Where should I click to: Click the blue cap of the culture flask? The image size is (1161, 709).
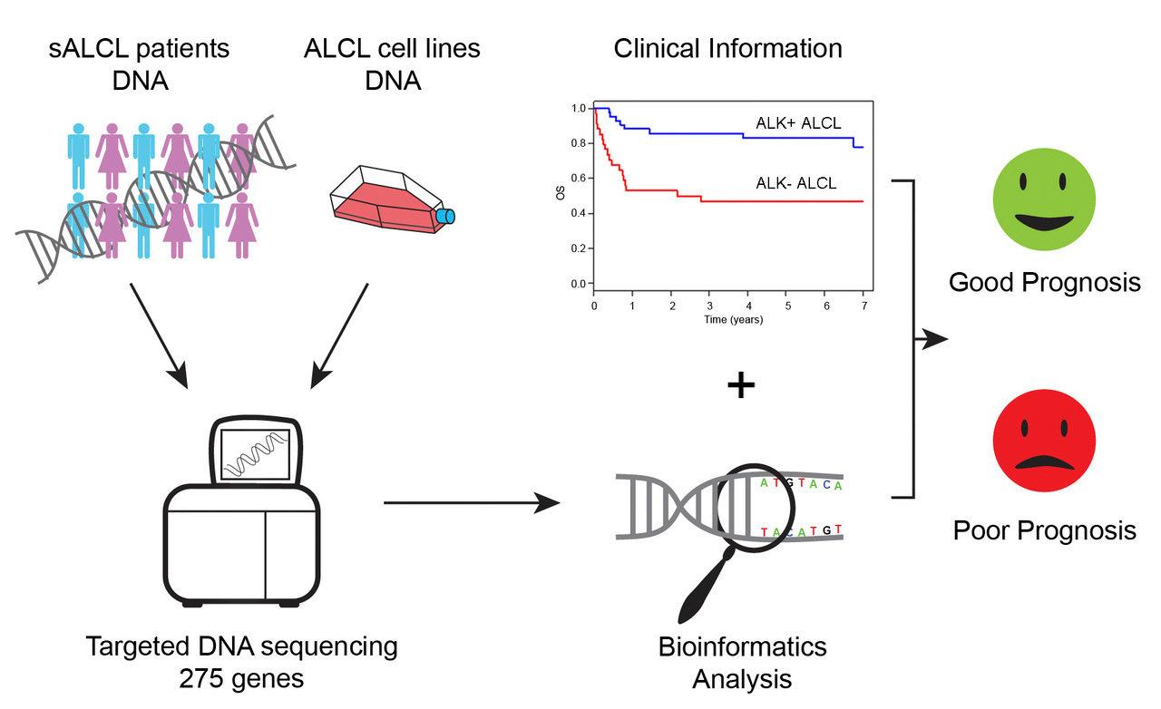pos(445,216)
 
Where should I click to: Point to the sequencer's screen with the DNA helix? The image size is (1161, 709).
pos(259,453)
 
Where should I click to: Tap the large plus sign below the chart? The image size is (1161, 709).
pos(741,385)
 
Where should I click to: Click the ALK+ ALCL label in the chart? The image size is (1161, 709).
pos(797,123)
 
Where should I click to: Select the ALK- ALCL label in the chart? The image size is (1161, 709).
pos(797,183)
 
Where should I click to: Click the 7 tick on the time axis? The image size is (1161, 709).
pos(863,307)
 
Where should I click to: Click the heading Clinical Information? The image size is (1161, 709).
pos(727,48)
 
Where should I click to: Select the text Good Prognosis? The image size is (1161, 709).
pos(1044,283)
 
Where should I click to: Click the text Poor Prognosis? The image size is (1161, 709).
pos(1044,529)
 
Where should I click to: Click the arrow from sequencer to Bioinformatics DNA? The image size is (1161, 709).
pos(472,502)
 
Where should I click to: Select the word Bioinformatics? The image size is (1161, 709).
pos(742,646)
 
